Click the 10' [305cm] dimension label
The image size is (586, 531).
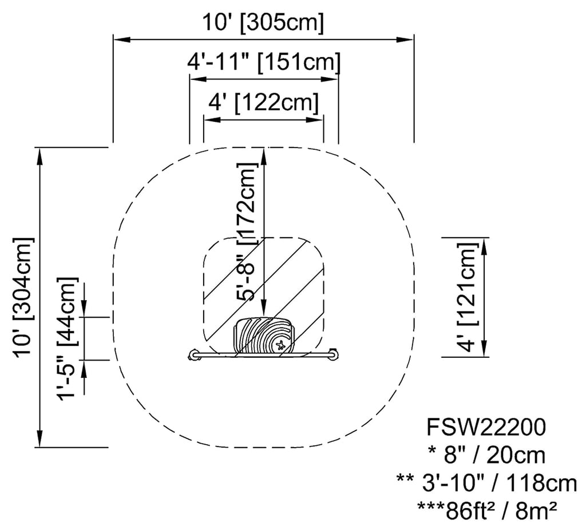coord(263,23)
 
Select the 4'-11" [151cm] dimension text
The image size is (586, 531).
coord(264,61)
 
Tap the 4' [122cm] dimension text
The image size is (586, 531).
coord(264,103)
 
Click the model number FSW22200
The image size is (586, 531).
coord(486,427)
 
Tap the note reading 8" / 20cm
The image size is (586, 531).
coord(486,456)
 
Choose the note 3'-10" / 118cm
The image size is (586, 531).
coord(486,484)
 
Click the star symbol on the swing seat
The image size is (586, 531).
coord(280,344)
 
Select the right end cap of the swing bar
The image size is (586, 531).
coord(334,356)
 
